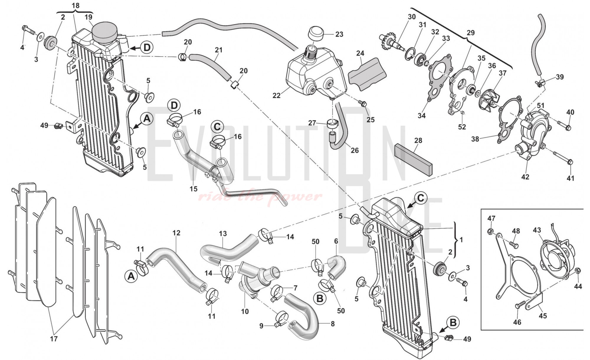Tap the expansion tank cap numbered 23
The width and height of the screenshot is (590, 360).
coord(316,35)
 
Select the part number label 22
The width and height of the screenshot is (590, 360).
coord(276,96)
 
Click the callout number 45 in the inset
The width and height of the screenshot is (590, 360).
coord(543,316)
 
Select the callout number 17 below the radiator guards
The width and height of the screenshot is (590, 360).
coord(54,339)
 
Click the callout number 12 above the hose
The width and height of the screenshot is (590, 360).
coord(176,233)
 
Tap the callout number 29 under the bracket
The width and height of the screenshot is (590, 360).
coord(471,33)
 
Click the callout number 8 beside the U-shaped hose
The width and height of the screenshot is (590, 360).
coord(333,324)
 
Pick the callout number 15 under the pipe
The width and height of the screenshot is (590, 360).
coord(194,189)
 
